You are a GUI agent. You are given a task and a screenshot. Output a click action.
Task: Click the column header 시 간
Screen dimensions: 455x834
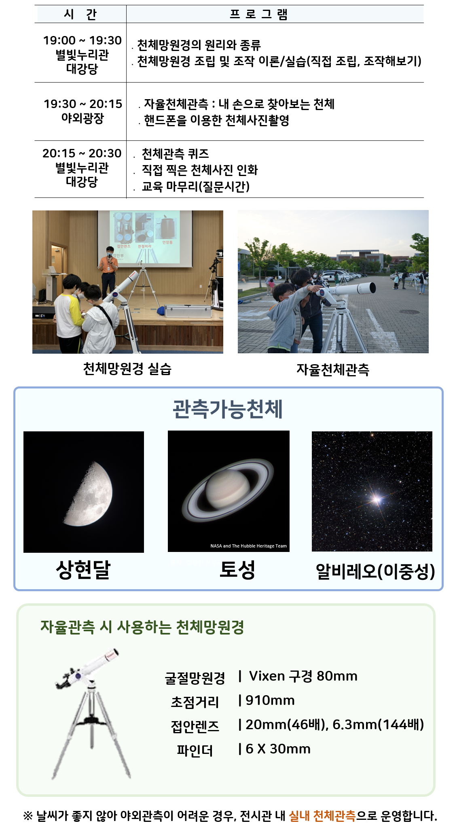coord(80,14)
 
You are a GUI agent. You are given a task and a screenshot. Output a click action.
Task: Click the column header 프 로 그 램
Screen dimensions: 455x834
coord(258,14)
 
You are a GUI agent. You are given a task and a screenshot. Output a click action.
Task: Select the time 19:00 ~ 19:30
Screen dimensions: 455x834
coord(82,40)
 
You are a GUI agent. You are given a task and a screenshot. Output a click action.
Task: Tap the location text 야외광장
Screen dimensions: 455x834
coord(83,118)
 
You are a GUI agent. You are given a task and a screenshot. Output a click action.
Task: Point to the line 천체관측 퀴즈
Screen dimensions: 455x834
coord(175,154)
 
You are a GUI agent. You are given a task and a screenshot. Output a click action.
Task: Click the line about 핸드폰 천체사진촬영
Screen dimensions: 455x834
coord(216,120)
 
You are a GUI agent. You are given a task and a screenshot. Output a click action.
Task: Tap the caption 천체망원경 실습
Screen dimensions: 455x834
coord(127,369)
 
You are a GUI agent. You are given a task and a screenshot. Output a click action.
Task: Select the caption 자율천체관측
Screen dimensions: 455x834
coord(333,369)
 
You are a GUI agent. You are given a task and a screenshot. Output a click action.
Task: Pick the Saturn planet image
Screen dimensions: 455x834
coord(228,490)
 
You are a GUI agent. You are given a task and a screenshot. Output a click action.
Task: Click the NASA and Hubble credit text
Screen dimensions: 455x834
coord(248,546)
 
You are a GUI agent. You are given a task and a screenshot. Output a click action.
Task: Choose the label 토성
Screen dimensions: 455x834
coord(237,569)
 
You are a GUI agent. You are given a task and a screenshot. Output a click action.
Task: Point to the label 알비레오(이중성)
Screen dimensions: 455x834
coord(375,571)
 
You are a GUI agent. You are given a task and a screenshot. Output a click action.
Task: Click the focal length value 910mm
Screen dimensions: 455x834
coord(270,700)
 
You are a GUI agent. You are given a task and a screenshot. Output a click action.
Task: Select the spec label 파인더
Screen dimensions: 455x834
coord(195,751)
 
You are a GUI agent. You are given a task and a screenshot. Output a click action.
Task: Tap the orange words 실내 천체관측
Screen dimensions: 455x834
coord(322,815)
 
